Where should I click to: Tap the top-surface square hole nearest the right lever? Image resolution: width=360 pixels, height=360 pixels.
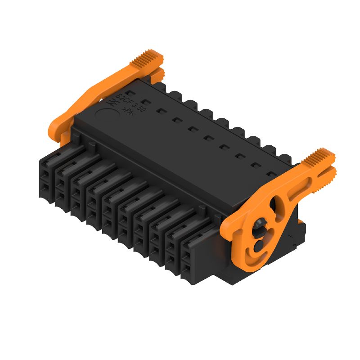point(271,173)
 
